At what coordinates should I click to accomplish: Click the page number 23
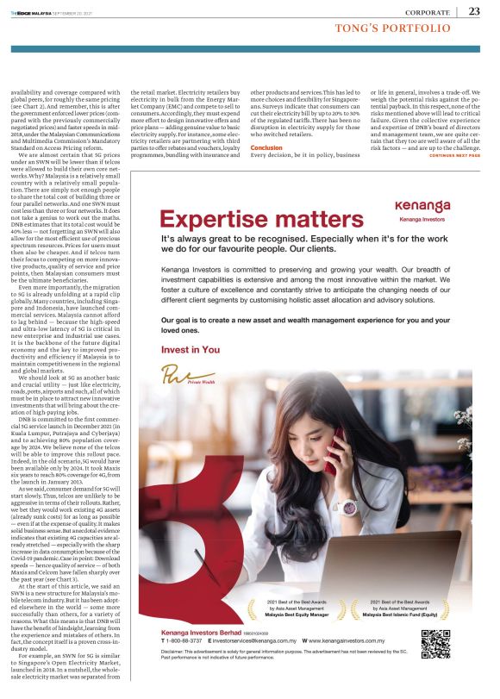(x=474, y=11)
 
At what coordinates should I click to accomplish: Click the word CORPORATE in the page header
(x=428, y=12)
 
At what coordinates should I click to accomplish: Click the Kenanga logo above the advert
(x=422, y=208)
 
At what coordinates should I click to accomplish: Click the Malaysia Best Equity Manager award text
(x=285, y=615)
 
